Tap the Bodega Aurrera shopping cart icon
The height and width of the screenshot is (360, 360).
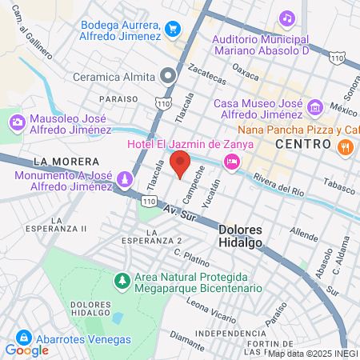click(x=172, y=29)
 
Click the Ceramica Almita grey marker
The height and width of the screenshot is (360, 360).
click(x=168, y=77)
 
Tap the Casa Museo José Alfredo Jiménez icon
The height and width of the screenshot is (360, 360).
click(x=314, y=107)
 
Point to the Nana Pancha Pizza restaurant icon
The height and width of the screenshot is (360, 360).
click(x=346, y=146)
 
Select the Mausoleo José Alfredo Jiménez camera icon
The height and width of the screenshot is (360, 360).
click(x=17, y=122)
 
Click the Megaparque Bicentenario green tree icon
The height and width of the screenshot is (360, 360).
click(x=122, y=281)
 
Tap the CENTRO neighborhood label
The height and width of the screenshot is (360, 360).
click(x=302, y=143)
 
